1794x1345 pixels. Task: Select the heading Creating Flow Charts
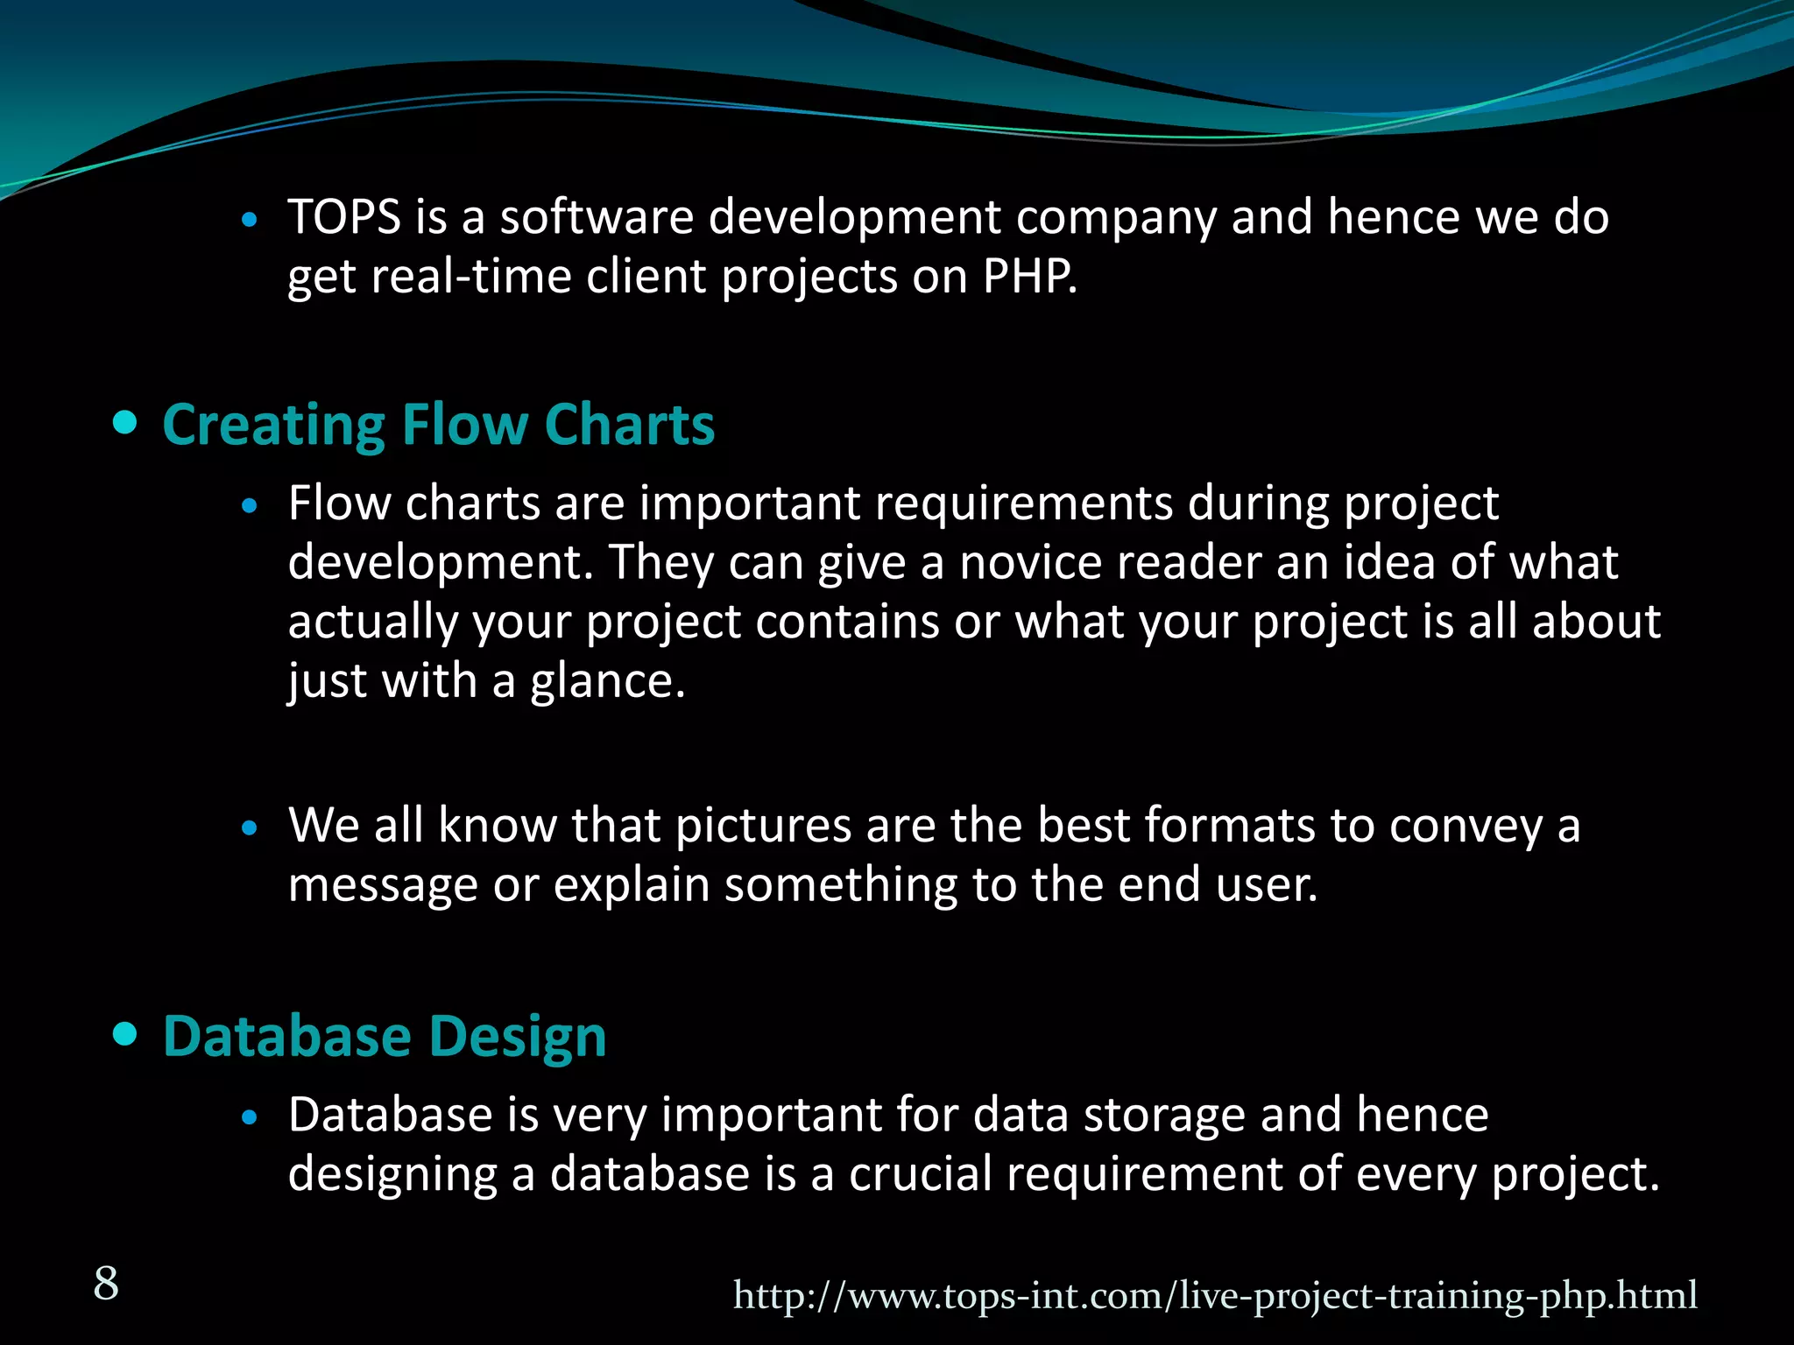tap(438, 425)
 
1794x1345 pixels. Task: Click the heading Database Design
tap(385, 1036)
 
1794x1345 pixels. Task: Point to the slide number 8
tap(106, 1284)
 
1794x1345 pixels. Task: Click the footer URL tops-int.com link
tap(1215, 1295)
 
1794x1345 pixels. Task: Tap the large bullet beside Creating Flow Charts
tap(126, 424)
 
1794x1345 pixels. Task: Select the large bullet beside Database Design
tap(126, 1035)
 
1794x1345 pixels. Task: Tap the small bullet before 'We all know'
tap(251, 827)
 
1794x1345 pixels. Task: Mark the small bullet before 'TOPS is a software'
tap(251, 220)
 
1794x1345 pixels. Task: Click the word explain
tap(632, 884)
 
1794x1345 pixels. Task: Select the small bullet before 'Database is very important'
tap(251, 1117)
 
